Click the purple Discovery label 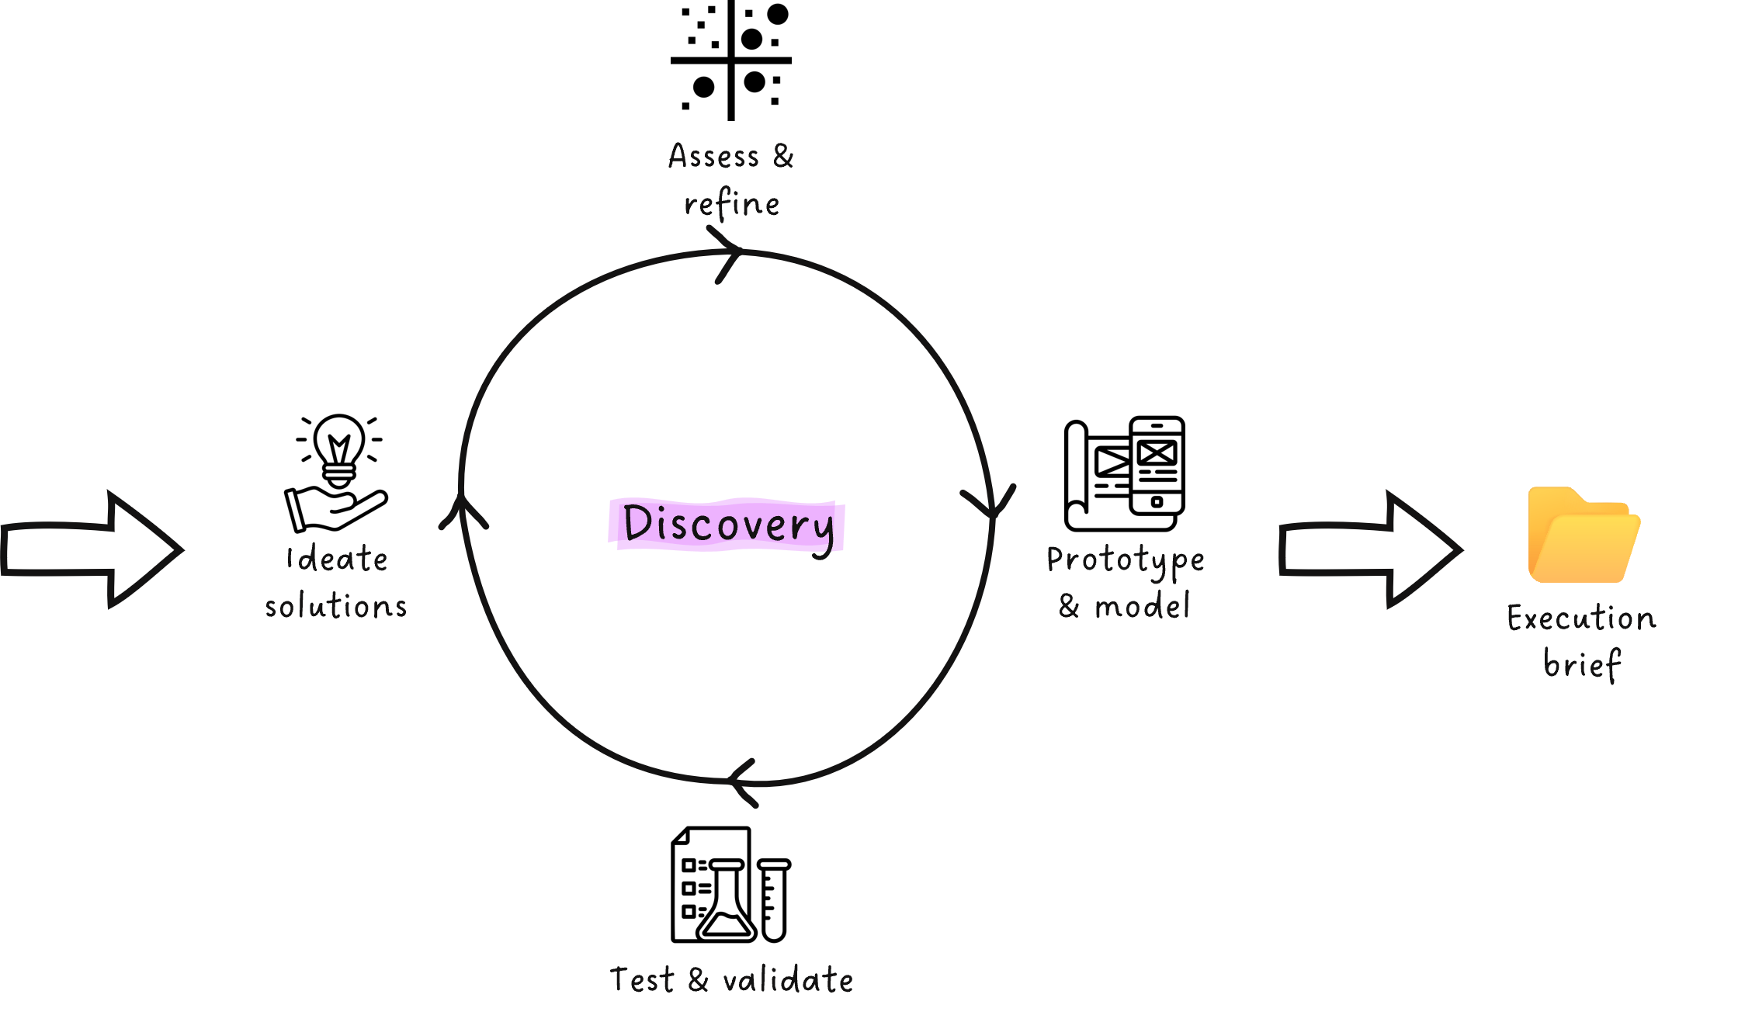pyautogui.click(x=726, y=525)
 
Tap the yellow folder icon pyautogui.click(x=1583, y=535)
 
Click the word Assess pyautogui.click(x=713, y=157)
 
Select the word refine pyautogui.click(x=731, y=205)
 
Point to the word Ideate pyautogui.click(x=337, y=560)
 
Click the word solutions pyautogui.click(x=335, y=606)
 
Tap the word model pyautogui.click(x=1141, y=606)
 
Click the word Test pyautogui.click(x=641, y=980)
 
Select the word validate pyautogui.click(x=788, y=980)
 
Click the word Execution pyautogui.click(x=1581, y=618)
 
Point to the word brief pyautogui.click(x=1581, y=665)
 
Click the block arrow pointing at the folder pyautogui.click(x=1369, y=549)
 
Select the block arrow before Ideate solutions pyautogui.click(x=91, y=549)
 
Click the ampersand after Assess pyautogui.click(x=783, y=156)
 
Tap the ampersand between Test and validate pyautogui.click(x=698, y=980)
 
